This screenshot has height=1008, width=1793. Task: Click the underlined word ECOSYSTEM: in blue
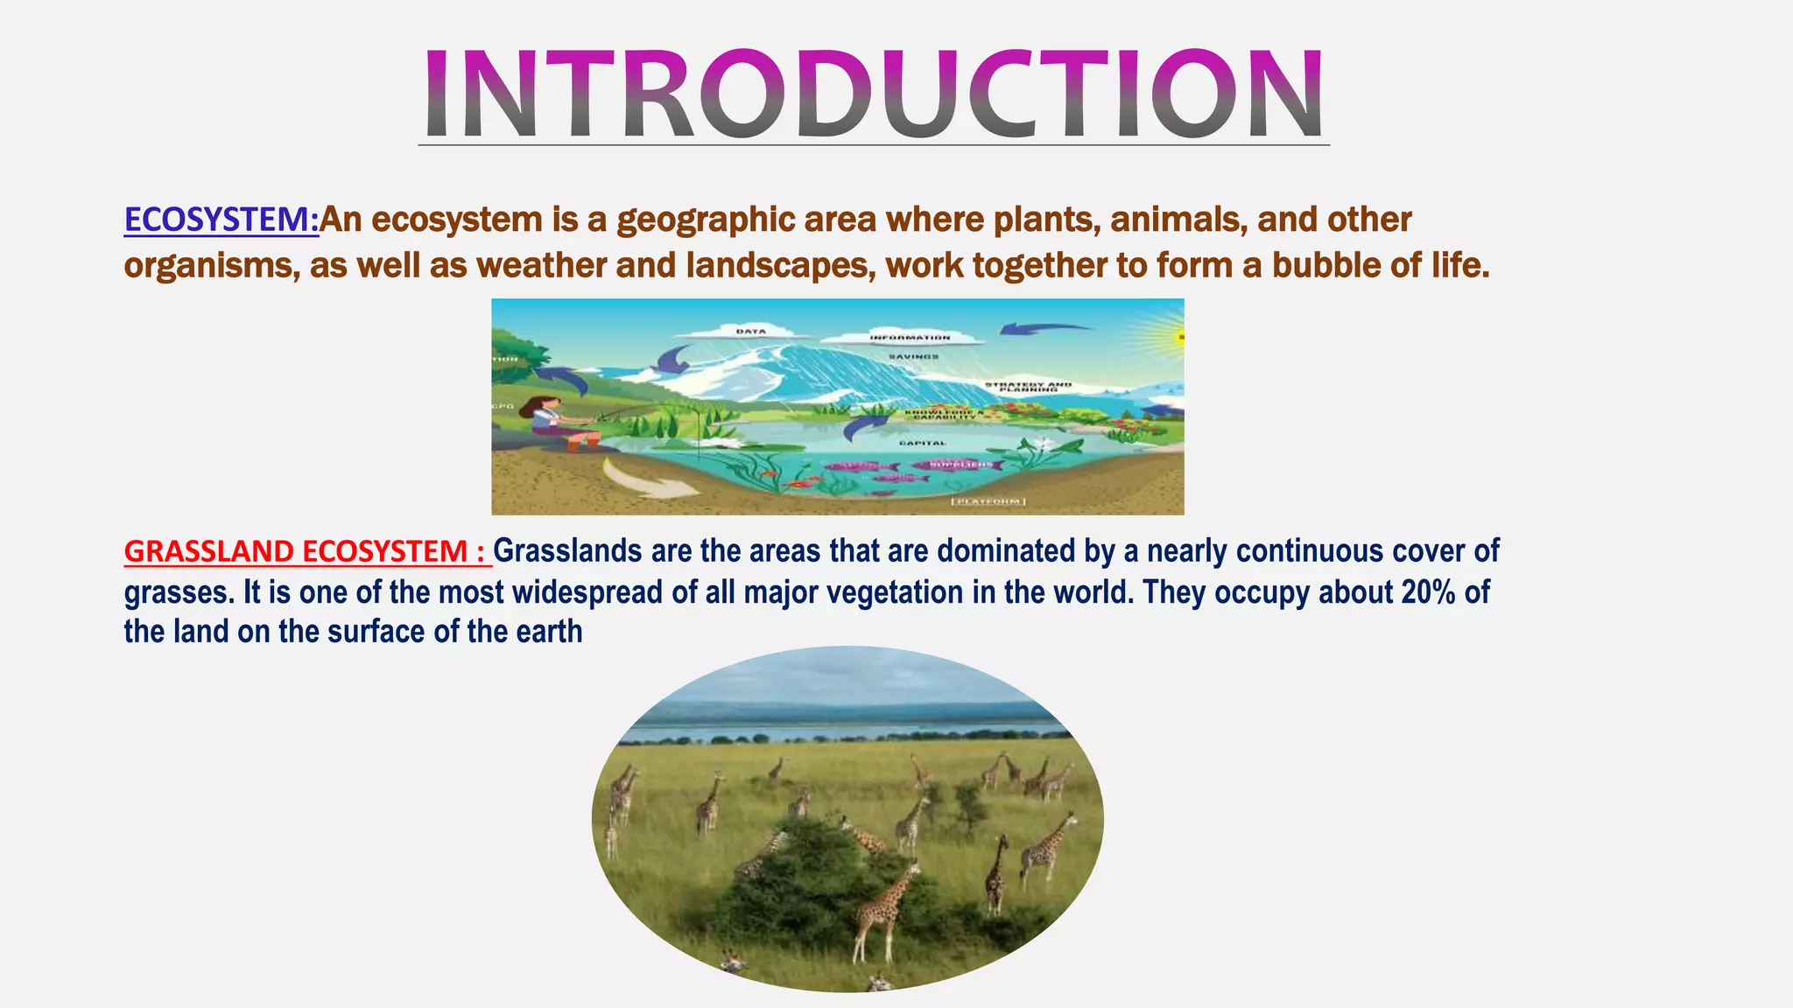pos(221,220)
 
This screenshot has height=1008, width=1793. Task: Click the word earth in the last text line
pos(548,631)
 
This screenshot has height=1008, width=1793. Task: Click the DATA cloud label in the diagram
pos(750,332)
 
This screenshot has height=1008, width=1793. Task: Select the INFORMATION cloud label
pos(910,337)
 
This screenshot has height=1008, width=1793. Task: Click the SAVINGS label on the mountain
pos(913,357)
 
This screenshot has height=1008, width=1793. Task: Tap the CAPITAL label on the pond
pos(922,443)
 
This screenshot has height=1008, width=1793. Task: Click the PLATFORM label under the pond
pos(988,501)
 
